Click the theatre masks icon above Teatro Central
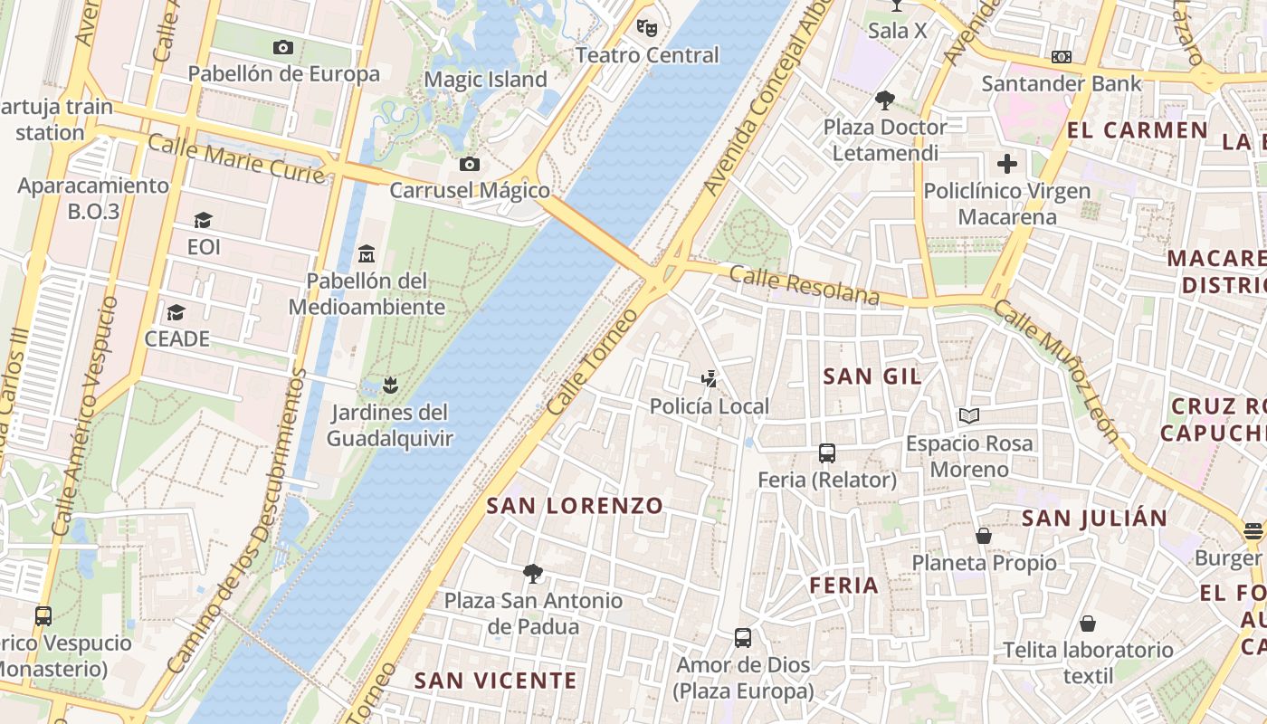point(646,27)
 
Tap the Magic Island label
point(486,80)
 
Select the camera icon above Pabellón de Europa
point(283,47)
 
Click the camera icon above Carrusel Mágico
point(469,164)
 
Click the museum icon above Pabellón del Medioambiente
point(367,252)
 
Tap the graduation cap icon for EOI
point(203,220)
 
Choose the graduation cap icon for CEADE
point(176,312)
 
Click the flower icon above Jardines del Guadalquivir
point(389,386)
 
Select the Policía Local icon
point(710,378)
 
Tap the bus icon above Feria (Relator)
point(826,452)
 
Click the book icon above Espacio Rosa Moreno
point(969,415)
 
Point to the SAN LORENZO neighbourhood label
point(575,506)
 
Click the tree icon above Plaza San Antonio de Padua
point(533,573)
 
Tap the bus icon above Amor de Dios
point(743,637)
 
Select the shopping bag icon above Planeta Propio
point(984,536)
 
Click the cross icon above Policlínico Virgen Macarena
point(1006,164)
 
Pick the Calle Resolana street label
point(805,285)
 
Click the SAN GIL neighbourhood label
point(872,376)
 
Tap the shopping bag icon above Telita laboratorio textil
point(1088,623)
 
